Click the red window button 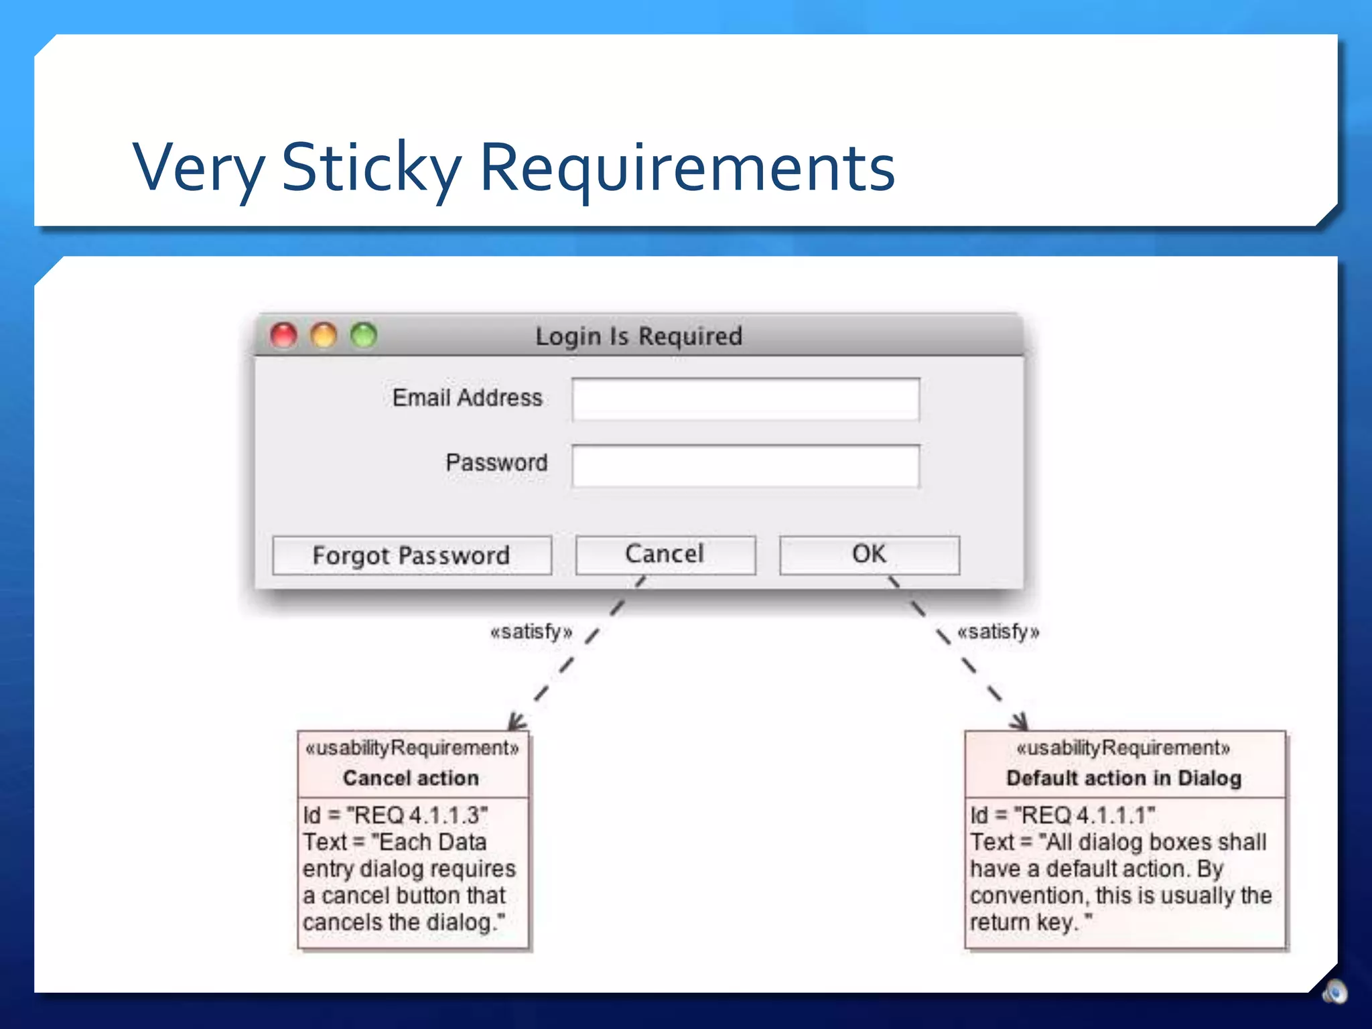[x=283, y=335]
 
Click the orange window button [x=324, y=335]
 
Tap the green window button [x=364, y=335]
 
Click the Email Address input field [x=745, y=399]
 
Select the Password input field [x=745, y=466]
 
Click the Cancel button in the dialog [x=665, y=555]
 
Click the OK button [x=869, y=555]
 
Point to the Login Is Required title [x=638, y=336]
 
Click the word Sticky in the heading [x=371, y=167]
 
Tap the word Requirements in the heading [x=687, y=167]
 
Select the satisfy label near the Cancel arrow [x=531, y=632]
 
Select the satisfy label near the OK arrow [x=998, y=632]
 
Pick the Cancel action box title [x=411, y=778]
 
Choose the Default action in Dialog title [x=1123, y=778]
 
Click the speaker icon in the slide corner [x=1334, y=991]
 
